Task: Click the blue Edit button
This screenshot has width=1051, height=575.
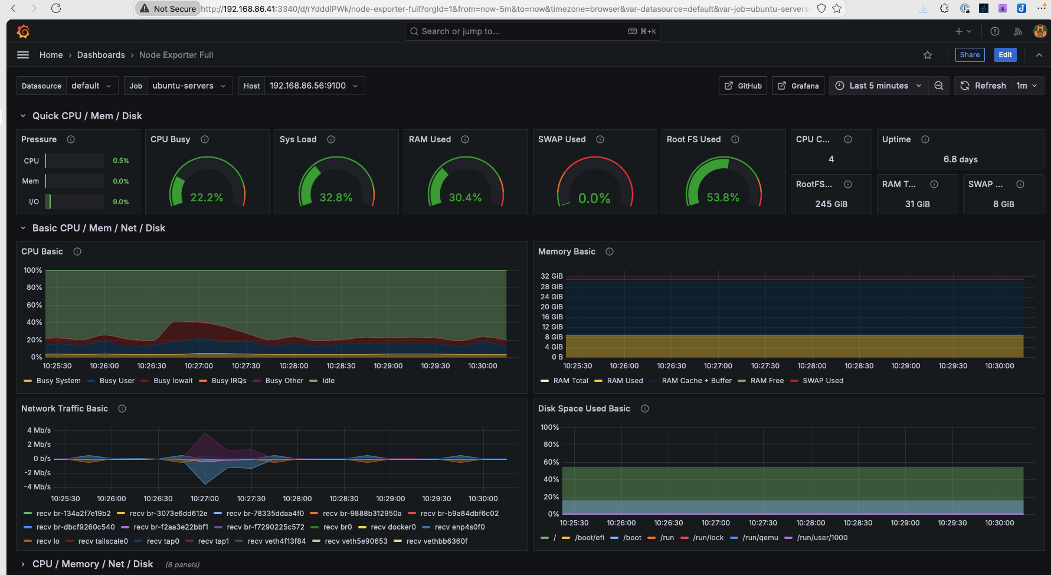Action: (x=1005, y=55)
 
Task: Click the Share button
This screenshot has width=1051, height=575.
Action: (x=970, y=55)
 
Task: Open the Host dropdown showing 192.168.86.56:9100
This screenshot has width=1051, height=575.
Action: (x=314, y=86)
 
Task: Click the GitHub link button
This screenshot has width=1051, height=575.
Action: (x=744, y=86)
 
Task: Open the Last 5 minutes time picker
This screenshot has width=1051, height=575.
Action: (x=878, y=86)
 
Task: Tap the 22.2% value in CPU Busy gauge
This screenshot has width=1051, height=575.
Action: (x=207, y=197)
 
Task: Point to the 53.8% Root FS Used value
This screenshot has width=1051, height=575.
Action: (x=723, y=197)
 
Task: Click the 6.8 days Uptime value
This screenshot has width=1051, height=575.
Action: (x=960, y=159)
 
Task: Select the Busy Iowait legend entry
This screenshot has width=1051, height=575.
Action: (x=173, y=381)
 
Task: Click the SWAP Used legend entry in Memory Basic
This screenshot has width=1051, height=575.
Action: (x=823, y=381)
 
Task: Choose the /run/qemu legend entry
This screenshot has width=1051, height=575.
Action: (x=760, y=538)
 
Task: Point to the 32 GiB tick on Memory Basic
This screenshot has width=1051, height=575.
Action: (x=552, y=276)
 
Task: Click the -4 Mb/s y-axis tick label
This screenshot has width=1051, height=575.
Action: (x=37, y=487)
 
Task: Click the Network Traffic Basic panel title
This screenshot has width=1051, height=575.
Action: (x=65, y=409)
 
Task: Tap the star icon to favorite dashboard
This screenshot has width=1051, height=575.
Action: (x=928, y=55)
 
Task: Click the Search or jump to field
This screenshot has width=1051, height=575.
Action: (x=519, y=31)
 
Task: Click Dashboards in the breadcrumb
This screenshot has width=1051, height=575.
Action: (x=101, y=55)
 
